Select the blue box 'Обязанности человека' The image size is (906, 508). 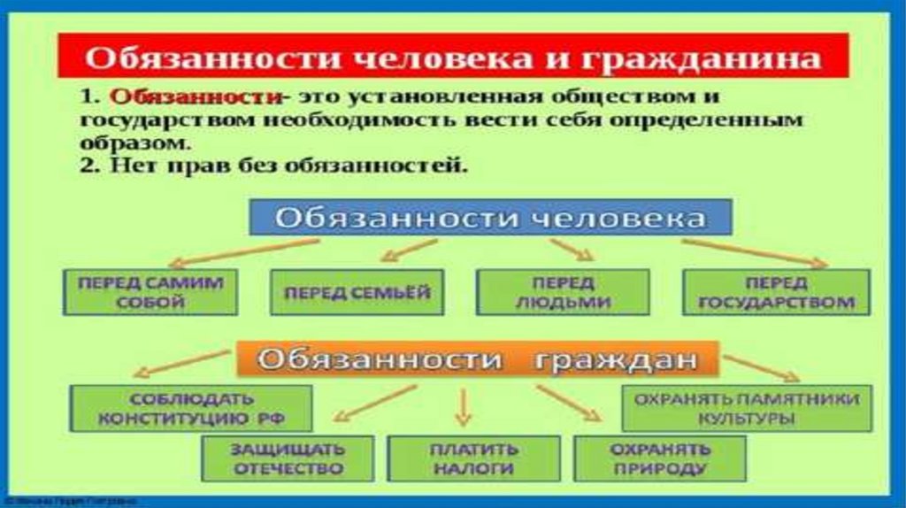pyautogui.click(x=488, y=217)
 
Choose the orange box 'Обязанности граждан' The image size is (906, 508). pyautogui.click(x=478, y=360)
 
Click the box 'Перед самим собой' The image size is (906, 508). pyautogui.click(x=150, y=291)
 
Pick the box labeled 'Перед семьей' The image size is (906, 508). pyautogui.click(x=356, y=291)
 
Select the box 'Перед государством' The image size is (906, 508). pyautogui.click(x=776, y=291)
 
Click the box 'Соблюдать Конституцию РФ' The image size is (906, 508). pyautogui.click(x=191, y=408)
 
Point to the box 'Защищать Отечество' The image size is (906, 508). pyautogui.click(x=287, y=458)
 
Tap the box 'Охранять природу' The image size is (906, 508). pyautogui.click(x=659, y=458)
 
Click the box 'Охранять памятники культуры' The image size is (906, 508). pyautogui.click(x=746, y=408)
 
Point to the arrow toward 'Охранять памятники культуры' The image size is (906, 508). pyautogui.click(x=761, y=366)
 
